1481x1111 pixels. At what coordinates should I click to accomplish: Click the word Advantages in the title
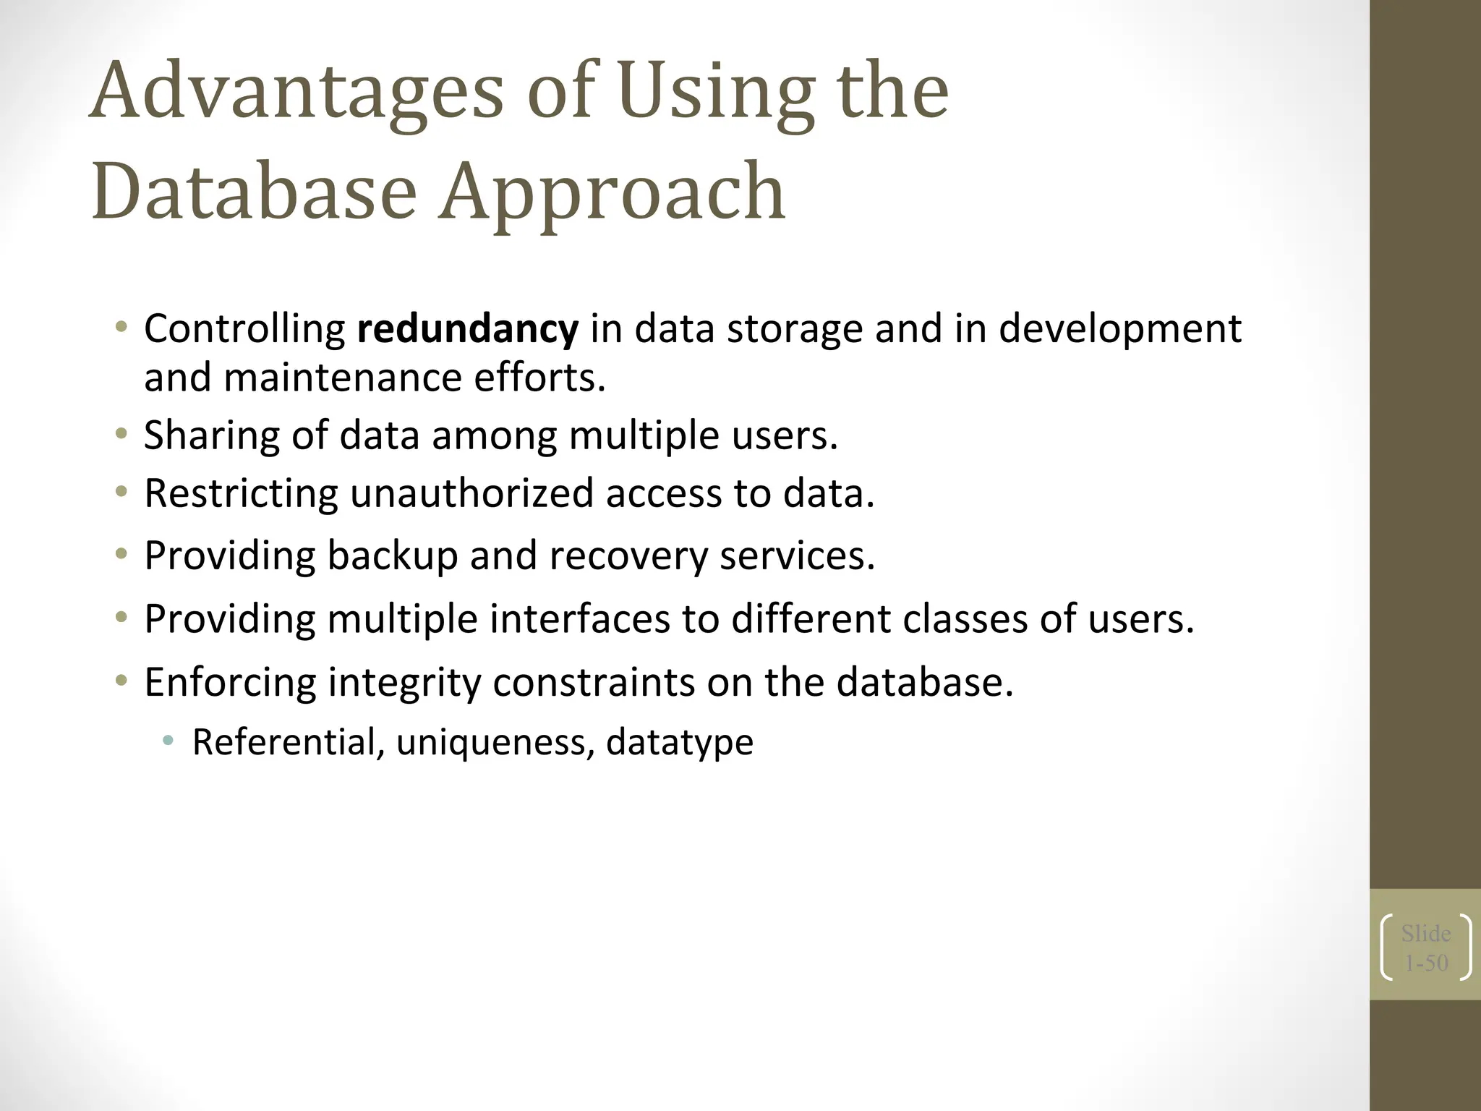[297, 94]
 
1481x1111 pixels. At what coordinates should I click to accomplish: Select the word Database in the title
[255, 191]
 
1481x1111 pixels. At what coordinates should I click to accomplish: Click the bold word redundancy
[468, 329]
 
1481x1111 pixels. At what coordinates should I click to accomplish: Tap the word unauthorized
[471, 493]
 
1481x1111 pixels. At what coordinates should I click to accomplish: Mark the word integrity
[404, 683]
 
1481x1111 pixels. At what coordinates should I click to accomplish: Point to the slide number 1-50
[1426, 963]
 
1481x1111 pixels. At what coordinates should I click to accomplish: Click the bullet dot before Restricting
[121, 493]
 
